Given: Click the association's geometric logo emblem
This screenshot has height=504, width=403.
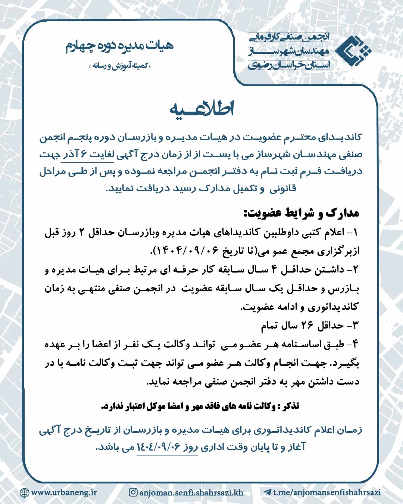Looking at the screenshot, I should click(x=353, y=51).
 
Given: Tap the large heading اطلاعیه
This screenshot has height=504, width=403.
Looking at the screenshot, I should click(x=201, y=109).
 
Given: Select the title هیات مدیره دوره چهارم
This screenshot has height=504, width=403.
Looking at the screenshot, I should click(x=120, y=46).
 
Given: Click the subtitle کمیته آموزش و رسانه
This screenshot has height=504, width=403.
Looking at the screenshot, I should click(x=120, y=66).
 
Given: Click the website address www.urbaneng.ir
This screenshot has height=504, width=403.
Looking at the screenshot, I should click(x=64, y=492).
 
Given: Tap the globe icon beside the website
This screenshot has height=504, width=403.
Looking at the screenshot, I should click(x=24, y=492).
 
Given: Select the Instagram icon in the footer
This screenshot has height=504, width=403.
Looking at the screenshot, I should click(x=133, y=492).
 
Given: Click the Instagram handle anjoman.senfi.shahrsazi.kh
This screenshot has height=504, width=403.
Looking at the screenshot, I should click(x=191, y=492).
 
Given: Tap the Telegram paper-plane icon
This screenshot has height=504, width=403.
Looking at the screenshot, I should click(x=267, y=492).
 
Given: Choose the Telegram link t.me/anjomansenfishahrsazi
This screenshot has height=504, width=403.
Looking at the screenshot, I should click(x=327, y=492).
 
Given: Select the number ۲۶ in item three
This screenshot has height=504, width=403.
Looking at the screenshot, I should click(x=307, y=326).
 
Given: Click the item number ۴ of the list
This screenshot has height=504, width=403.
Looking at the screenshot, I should click(x=355, y=344).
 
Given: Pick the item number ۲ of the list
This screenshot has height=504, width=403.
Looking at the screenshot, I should click(x=355, y=270).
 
